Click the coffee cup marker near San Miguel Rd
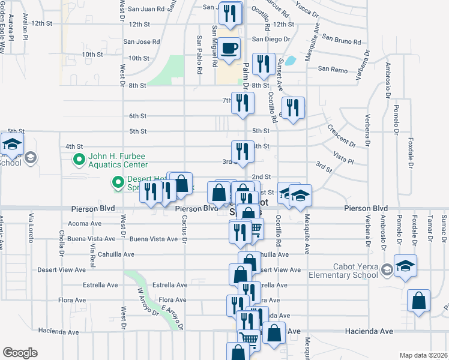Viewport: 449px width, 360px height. coord(228,49)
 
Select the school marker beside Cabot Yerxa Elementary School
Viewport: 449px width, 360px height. coord(405,265)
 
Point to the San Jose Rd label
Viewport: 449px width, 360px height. coord(142,41)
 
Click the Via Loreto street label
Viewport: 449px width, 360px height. coord(29,231)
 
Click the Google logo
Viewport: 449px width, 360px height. coord(20,352)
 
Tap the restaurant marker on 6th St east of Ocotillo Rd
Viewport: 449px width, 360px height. coord(292,108)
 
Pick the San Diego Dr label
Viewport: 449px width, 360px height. coord(271,39)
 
